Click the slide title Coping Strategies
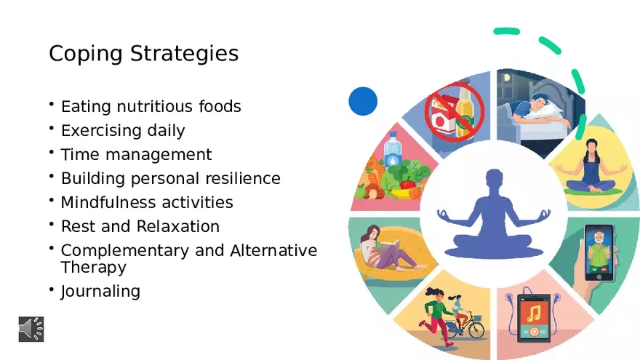(144, 54)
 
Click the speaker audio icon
(31, 329)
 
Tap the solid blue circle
(363, 101)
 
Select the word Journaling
(100, 292)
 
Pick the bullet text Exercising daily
(123, 131)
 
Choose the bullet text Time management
(136, 155)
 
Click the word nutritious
(155, 106)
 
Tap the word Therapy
(94, 268)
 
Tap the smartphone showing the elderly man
(599, 252)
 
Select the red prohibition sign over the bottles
(455, 111)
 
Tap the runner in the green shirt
(436, 317)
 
